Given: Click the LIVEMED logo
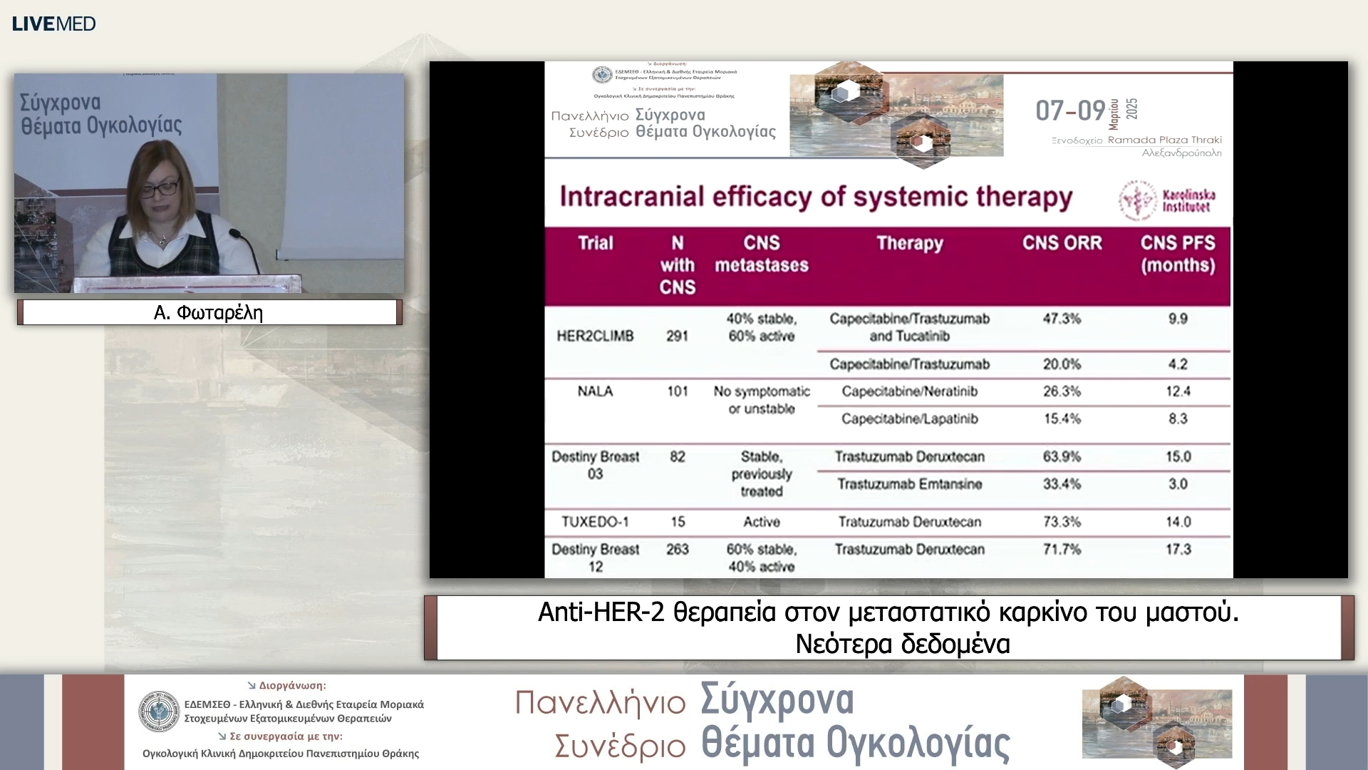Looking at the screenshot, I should (54, 24).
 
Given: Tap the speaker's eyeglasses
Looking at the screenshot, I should (159, 189).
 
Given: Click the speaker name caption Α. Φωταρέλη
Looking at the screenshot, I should (208, 313).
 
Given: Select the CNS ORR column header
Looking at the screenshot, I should (1062, 243).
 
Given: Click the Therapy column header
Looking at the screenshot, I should (909, 243).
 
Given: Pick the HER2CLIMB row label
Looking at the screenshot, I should (595, 336).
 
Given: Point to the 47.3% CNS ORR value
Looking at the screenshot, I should (1062, 319).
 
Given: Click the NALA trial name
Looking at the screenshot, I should (595, 391).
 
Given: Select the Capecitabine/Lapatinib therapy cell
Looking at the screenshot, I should (909, 419).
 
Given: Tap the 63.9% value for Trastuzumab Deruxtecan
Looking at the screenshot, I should (1062, 456).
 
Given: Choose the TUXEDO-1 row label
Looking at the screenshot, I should (595, 522).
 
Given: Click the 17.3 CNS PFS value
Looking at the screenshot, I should (1178, 550).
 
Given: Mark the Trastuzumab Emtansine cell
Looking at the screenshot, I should (909, 484).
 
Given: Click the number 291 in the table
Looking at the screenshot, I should (677, 336).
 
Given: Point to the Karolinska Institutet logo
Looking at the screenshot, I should (1167, 200).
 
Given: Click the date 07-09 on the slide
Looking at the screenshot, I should (1070, 111).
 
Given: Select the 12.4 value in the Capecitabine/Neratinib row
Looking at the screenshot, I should (1178, 391).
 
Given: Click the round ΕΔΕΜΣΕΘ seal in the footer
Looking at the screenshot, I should (159, 712).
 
